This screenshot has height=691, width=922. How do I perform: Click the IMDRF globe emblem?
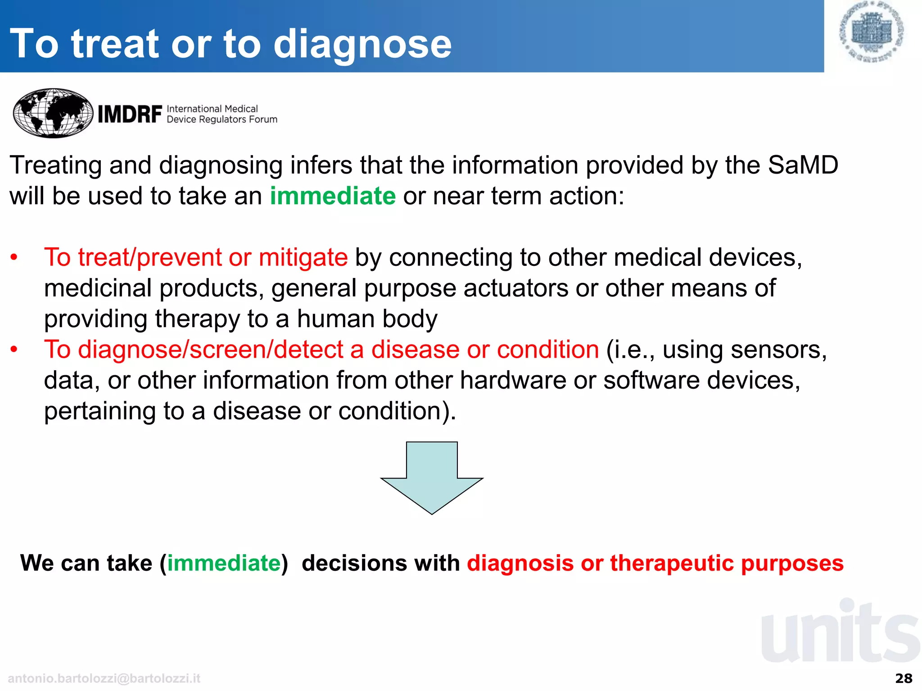(x=53, y=113)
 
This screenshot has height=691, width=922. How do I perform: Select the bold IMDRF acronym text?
(x=130, y=114)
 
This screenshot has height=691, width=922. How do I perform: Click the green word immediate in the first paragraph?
(x=333, y=196)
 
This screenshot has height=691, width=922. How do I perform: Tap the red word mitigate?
(x=303, y=258)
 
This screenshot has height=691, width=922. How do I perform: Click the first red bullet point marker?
(x=14, y=258)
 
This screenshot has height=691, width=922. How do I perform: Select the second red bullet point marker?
(x=14, y=350)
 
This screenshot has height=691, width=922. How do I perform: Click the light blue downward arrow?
(x=432, y=479)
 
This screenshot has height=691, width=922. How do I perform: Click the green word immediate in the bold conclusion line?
(x=224, y=563)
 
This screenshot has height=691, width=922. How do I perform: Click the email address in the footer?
(x=104, y=678)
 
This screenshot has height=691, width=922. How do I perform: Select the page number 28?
(x=904, y=678)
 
